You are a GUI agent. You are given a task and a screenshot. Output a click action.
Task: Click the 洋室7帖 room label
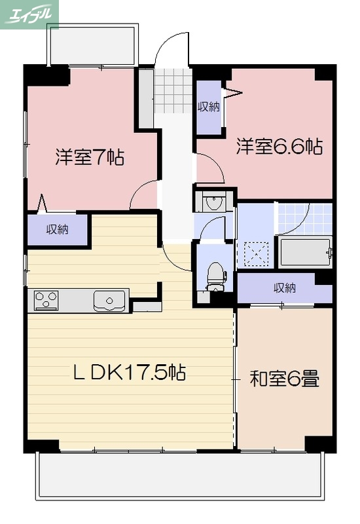(x=90, y=157)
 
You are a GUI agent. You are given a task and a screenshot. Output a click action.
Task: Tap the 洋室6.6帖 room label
(x=279, y=146)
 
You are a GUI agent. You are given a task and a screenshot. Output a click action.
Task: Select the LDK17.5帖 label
(x=129, y=373)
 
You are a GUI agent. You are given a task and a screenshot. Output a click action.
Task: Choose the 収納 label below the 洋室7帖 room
(x=58, y=229)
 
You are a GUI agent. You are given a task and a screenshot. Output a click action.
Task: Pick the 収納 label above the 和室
(x=284, y=287)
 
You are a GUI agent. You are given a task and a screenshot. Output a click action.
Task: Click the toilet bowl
(x=215, y=275)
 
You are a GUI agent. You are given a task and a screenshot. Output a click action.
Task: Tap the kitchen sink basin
(x=109, y=301)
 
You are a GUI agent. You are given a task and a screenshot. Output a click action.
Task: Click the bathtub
(x=305, y=252)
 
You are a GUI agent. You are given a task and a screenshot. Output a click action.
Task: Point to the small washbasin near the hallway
(x=213, y=202)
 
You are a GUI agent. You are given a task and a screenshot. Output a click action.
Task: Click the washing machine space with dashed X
(x=256, y=252)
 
